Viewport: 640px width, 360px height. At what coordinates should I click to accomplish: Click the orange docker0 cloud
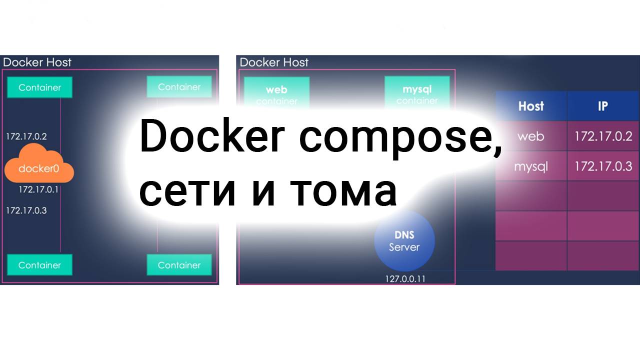point(39,164)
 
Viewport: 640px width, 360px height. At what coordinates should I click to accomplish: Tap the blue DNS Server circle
point(404,241)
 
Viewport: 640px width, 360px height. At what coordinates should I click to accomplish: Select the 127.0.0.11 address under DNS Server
point(405,278)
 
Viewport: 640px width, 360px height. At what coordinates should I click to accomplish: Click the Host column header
point(530,106)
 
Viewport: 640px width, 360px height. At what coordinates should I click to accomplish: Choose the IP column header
point(602,106)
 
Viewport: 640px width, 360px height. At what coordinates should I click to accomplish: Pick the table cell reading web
point(530,136)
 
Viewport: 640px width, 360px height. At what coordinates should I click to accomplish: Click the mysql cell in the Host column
point(530,166)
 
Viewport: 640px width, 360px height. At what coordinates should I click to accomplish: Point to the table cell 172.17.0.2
point(603,136)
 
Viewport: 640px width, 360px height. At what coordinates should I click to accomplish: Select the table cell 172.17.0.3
point(603,166)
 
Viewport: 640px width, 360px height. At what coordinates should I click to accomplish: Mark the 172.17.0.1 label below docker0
point(38,189)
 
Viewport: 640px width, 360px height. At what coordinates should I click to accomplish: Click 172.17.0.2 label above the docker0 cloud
point(26,136)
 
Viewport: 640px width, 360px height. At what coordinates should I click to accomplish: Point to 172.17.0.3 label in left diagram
point(26,210)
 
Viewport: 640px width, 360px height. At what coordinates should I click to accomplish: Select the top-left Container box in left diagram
point(39,87)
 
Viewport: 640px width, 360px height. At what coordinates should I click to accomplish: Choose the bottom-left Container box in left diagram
point(39,265)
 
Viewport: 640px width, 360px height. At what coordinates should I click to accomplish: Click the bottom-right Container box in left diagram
point(179,265)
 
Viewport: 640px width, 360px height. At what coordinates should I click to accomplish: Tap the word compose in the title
point(400,137)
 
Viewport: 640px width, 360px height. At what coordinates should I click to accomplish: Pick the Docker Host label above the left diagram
point(37,62)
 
